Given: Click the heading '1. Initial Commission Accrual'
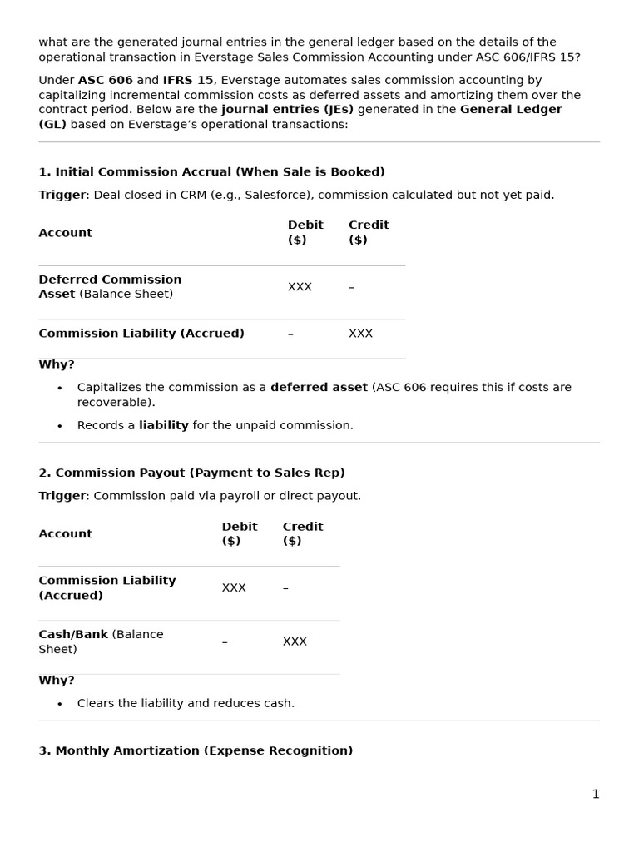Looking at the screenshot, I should pos(211,172).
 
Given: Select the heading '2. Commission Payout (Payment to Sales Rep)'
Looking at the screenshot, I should pos(191,473).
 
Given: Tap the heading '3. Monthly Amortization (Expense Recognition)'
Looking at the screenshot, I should pos(196,750).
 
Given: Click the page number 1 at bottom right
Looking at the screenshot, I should pos(595,794).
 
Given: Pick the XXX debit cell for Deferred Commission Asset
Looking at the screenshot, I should pos(300,287).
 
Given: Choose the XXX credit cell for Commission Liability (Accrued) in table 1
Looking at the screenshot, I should pos(360,334).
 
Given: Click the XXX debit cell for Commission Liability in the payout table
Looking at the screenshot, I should pos(234,587).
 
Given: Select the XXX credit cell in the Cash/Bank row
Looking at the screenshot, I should pos(295,641).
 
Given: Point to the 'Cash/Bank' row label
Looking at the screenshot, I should pos(73,635).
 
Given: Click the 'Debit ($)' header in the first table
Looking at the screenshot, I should pos(305,232).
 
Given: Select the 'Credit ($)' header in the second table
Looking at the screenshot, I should pos(302,533).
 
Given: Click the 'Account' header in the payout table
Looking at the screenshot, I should pos(65,534).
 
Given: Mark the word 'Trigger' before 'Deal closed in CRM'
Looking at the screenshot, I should pos(62,195).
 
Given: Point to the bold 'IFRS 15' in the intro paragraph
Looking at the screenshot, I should pos(188,81).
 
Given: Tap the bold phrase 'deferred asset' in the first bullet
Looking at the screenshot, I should pos(319,388).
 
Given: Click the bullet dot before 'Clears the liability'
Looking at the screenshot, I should pos(60,704).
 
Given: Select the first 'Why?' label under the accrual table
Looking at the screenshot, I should pos(57,364).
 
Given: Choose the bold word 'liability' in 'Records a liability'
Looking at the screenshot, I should pos(163,425).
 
